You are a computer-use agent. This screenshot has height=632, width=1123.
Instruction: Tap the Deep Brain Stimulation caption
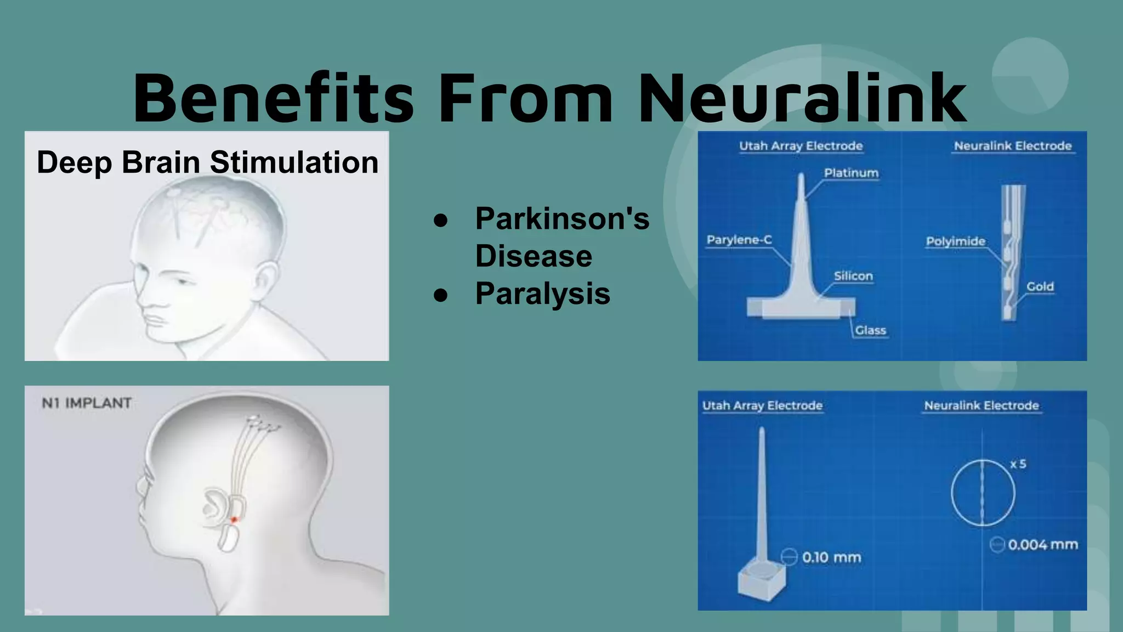(x=207, y=162)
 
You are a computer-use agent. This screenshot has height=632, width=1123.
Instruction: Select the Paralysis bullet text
(x=542, y=293)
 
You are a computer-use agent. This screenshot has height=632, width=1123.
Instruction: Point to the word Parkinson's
(x=562, y=218)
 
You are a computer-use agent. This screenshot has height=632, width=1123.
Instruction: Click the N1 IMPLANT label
(x=87, y=403)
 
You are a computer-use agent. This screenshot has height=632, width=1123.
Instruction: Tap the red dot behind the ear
(x=234, y=520)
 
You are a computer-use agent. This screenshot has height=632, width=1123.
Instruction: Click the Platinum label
(x=851, y=173)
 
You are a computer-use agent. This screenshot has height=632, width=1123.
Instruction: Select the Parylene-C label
(x=739, y=240)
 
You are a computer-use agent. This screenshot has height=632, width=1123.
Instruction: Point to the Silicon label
(x=853, y=276)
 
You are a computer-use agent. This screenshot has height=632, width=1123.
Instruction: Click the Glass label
(x=870, y=330)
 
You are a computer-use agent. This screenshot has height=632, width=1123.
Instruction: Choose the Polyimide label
(x=955, y=241)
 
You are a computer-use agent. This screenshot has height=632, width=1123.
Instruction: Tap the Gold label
(x=1040, y=286)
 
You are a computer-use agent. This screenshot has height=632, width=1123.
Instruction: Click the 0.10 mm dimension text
(x=831, y=557)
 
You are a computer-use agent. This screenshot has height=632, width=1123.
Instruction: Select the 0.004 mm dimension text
(x=1042, y=544)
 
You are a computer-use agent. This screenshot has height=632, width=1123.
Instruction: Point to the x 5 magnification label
(x=1018, y=464)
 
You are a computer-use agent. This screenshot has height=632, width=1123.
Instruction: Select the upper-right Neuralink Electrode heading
(x=1012, y=146)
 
